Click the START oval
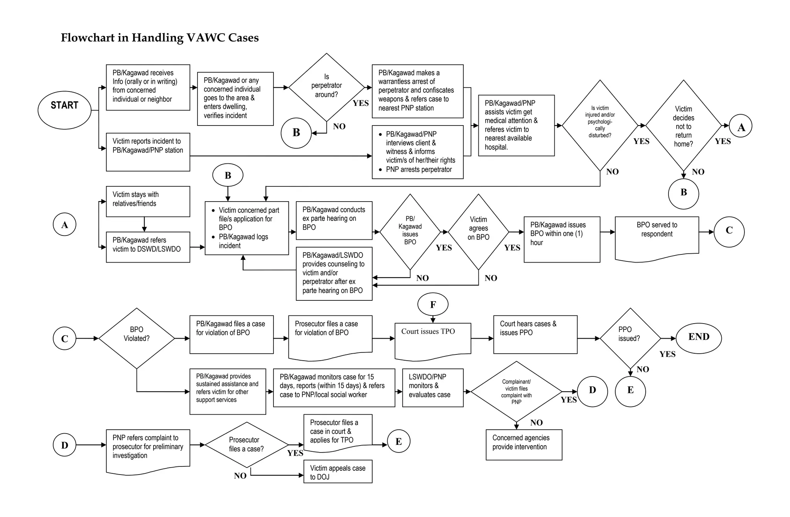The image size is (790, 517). pyautogui.click(x=64, y=110)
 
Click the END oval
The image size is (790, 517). pyautogui.click(x=699, y=338)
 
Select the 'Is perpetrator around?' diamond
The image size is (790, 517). pyautogui.click(x=326, y=87)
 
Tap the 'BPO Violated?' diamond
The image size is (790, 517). pyautogui.click(x=137, y=338)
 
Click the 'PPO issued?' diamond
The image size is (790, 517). pyautogui.click(x=630, y=338)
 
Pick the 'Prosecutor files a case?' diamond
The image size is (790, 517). pyautogui.click(x=246, y=444)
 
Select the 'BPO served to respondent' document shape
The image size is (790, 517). pyautogui.click(x=657, y=236)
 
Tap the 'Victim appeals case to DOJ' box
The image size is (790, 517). pyautogui.click(x=338, y=471)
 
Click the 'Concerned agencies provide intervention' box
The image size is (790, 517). pyautogui.click(x=523, y=444)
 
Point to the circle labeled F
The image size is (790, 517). pyautogui.click(x=433, y=304)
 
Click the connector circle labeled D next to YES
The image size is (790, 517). pyautogui.click(x=592, y=391)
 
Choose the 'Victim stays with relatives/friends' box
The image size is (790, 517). pyautogui.click(x=148, y=201)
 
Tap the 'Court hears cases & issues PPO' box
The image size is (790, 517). pyautogui.click(x=535, y=334)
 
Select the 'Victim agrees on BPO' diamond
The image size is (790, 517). pyautogui.click(x=478, y=232)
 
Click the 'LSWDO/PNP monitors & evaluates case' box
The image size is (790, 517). pyautogui.click(x=432, y=387)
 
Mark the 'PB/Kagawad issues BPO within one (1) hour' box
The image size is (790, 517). pyautogui.click(x=562, y=239)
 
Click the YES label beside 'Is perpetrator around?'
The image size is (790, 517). pyautogui.click(x=361, y=103)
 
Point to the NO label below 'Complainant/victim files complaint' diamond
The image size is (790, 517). pyautogui.click(x=536, y=422)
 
